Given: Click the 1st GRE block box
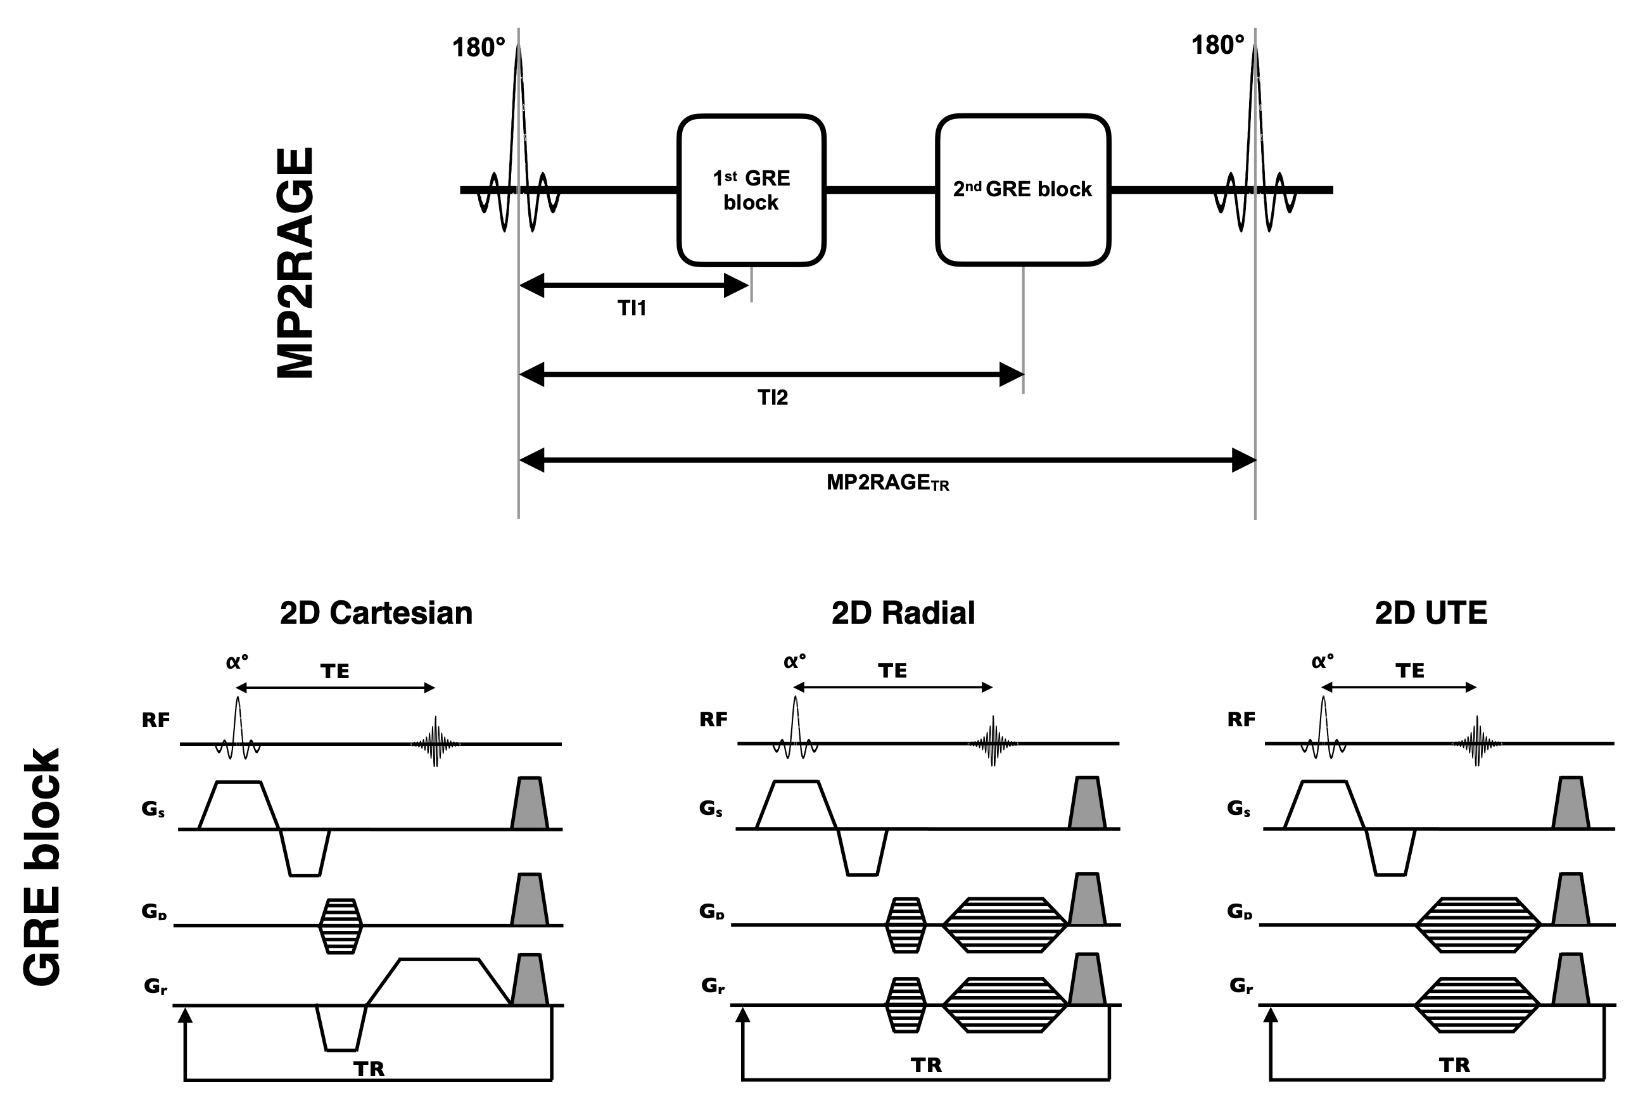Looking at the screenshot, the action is tap(751, 191).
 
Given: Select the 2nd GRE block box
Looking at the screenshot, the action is tap(1023, 191).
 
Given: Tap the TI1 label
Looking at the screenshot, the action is tap(631, 308).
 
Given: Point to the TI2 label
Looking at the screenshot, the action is tap(773, 397).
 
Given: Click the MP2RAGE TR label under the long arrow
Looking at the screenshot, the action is tap(887, 483).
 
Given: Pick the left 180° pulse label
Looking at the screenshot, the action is tap(478, 47).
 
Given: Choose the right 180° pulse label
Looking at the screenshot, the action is tap(1218, 46).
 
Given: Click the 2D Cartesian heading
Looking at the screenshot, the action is tap(376, 613).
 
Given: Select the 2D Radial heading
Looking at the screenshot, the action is tap(903, 613).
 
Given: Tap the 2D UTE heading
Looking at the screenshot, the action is tap(1431, 613).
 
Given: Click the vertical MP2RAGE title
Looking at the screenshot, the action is tap(295, 263).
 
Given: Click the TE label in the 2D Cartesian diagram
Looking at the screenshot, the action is tap(334, 672).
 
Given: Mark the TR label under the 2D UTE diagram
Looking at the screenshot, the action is tap(1454, 1065).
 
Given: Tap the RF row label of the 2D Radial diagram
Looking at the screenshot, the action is tap(713, 719).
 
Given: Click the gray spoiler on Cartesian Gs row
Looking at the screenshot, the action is tap(530, 803).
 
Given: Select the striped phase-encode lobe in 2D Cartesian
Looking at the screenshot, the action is tap(340, 926).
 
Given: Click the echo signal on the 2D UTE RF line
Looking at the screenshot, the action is tap(1477, 741).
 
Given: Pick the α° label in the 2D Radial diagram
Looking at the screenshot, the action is tap(794, 661).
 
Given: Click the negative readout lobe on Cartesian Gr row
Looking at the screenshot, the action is tap(341, 1028).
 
